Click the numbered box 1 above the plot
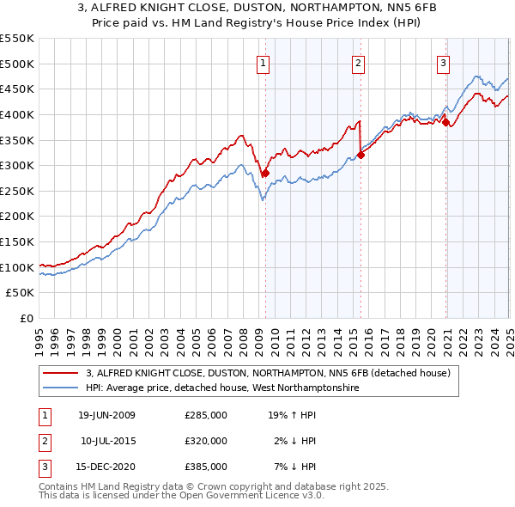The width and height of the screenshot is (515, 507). coord(262,61)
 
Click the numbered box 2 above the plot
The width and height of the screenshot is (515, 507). coord(358,61)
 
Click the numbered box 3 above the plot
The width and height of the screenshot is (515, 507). coord(443,61)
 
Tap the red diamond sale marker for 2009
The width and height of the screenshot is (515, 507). coord(265,173)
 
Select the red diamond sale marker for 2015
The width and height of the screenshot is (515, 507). coord(360,155)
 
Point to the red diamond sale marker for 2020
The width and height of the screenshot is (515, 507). coord(446,122)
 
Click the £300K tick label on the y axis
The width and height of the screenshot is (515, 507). coord(17,165)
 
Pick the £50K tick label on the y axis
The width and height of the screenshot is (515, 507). coord(21,293)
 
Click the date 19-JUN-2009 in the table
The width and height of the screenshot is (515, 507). coord(106,416)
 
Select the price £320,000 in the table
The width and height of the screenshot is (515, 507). coord(206,441)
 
